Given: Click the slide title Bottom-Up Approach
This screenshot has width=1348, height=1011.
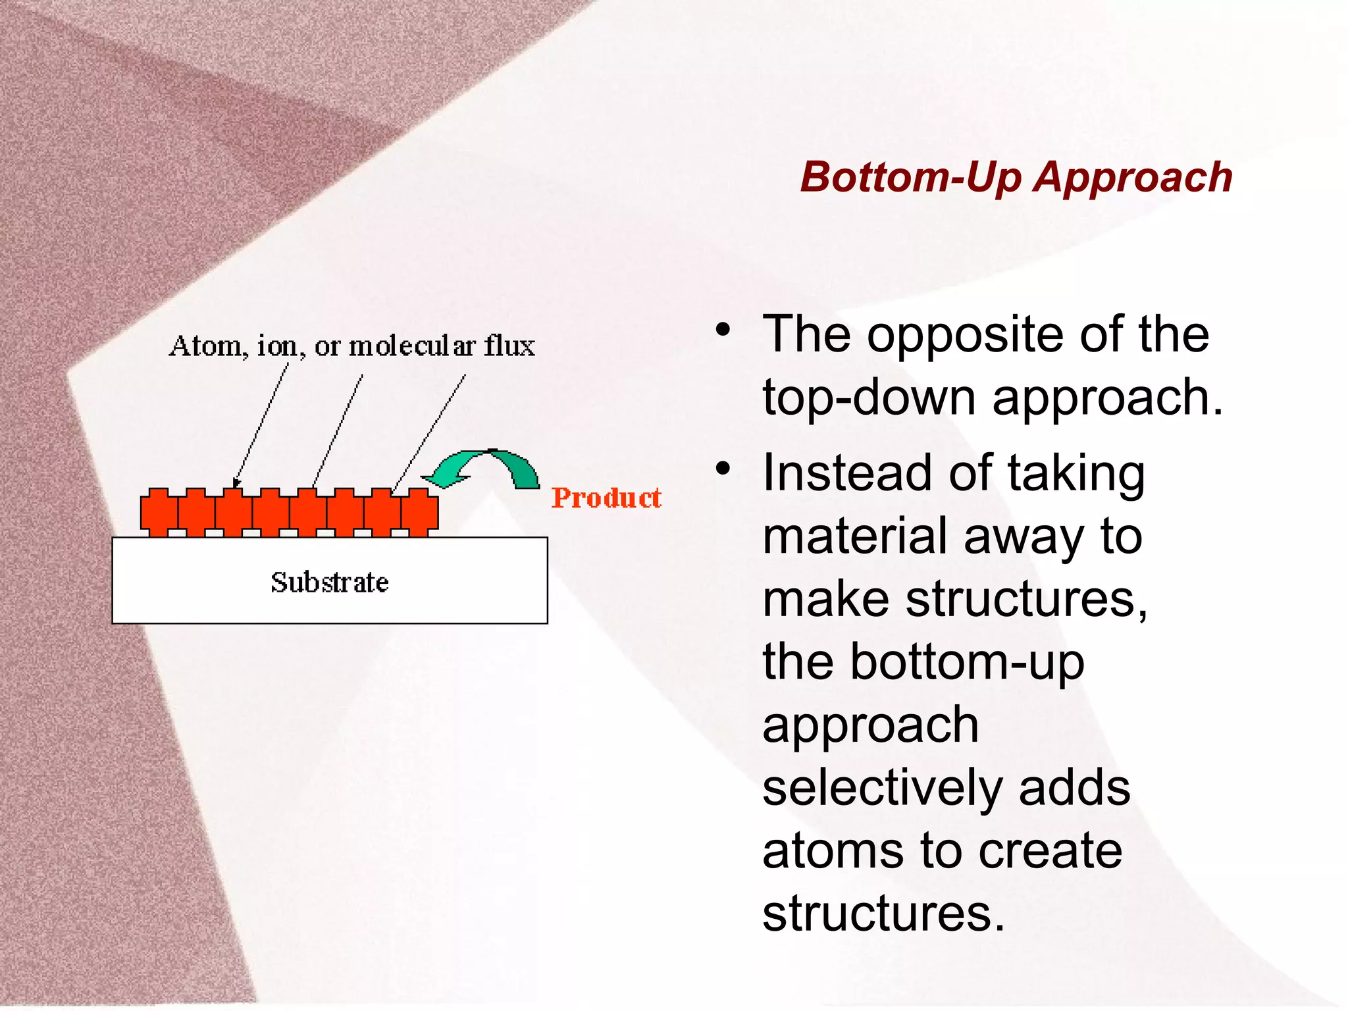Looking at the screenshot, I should click(x=1016, y=178).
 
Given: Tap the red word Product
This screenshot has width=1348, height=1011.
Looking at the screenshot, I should click(x=606, y=498).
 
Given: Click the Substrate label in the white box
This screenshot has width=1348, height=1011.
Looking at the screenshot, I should click(x=330, y=583).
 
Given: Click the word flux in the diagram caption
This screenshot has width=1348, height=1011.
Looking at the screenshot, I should click(x=509, y=346).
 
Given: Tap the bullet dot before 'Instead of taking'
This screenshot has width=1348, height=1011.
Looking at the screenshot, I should click(x=723, y=469).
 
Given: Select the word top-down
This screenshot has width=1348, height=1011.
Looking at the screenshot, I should click(x=869, y=398).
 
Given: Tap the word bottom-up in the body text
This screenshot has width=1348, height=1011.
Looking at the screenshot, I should click(x=967, y=662).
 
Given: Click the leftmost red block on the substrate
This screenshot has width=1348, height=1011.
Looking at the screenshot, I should click(x=159, y=511).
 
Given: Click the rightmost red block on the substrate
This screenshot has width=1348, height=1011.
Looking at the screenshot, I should click(x=419, y=511).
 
